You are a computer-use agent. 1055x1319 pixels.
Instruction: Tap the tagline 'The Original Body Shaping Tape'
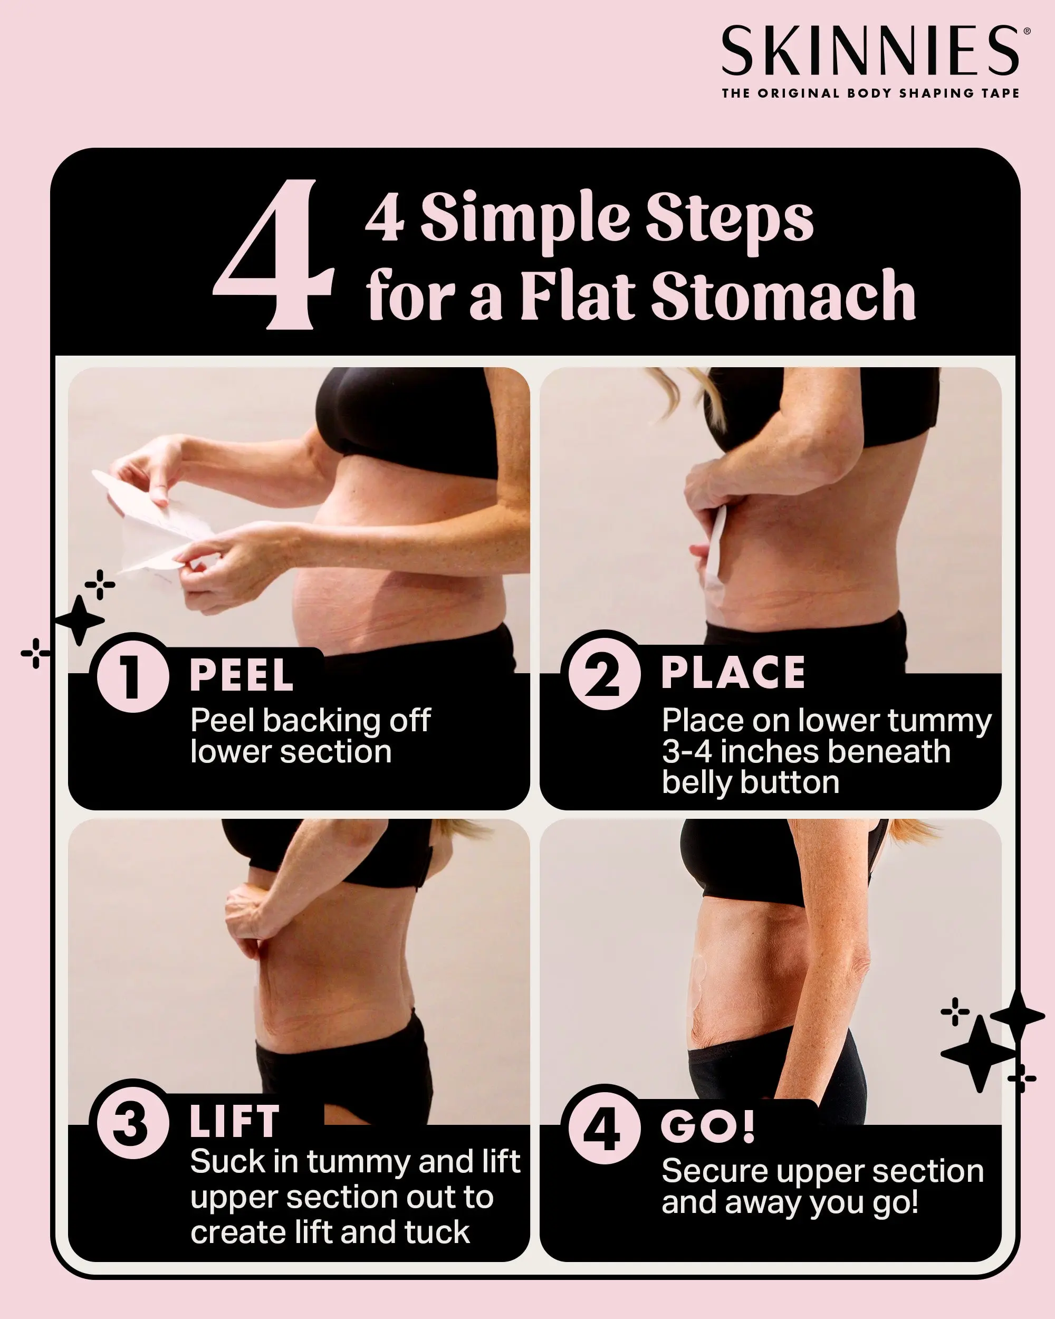point(871,93)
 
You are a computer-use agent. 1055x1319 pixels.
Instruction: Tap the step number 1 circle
point(132,676)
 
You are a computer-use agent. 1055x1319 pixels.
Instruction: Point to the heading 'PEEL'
point(242,675)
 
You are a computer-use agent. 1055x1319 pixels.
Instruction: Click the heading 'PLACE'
point(733,672)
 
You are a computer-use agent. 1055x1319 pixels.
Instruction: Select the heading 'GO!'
point(708,1127)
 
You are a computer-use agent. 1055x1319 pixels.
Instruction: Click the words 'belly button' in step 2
point(751,783)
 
